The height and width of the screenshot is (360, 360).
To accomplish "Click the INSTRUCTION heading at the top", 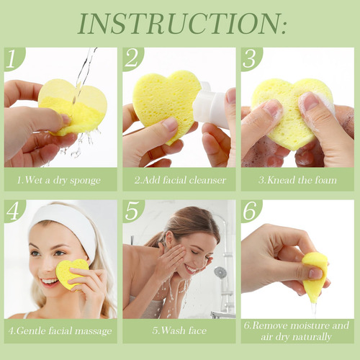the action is pyautogui.click(x=182, y=24).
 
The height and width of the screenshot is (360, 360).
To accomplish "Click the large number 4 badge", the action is pyautogui.click(x=13, y=210).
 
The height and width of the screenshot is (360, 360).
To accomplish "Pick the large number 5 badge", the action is pyautogui.click(x=132, y=211).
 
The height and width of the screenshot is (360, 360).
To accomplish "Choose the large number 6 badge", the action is pyautogui.click(x=251, y=211).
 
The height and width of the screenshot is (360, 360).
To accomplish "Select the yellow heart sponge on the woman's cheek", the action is pyautogui.click(x=71, y=274).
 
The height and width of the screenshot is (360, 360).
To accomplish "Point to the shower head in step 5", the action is pyautogui.click(x=220, y=273).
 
